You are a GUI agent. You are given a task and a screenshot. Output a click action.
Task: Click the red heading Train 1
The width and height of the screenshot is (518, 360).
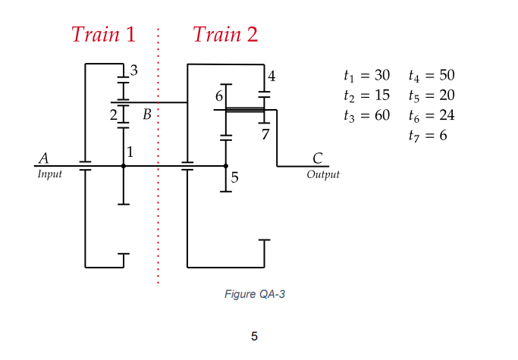103,34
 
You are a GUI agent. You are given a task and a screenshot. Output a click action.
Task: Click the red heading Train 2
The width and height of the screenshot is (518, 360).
225,34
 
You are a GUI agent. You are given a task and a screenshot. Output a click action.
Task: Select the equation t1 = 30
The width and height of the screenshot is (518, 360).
366,76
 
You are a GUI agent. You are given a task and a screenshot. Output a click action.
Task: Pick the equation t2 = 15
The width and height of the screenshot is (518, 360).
366,95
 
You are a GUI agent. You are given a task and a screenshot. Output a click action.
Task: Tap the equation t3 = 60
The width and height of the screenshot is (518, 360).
366,115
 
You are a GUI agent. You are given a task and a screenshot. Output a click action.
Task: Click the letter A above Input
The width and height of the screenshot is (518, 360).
43,158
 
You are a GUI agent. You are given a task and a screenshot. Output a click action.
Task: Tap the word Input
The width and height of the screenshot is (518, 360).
49,174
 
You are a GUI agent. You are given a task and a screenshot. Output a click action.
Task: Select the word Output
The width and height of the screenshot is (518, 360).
323,174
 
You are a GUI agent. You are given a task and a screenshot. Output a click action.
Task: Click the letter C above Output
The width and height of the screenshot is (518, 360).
318,158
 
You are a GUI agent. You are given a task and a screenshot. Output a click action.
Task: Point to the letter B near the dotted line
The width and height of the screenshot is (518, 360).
147,114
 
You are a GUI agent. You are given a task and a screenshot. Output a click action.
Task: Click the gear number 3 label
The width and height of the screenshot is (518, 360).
134,71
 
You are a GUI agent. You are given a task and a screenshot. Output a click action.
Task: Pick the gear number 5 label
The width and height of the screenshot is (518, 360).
234,178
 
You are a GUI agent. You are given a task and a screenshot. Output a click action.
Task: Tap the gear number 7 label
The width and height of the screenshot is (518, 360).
265,135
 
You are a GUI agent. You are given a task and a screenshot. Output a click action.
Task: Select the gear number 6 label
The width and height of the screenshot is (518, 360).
219,96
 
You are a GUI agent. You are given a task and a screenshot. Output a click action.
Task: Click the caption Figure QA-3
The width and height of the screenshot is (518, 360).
254,294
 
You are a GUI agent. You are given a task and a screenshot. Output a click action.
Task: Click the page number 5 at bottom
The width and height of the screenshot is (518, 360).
254,336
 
